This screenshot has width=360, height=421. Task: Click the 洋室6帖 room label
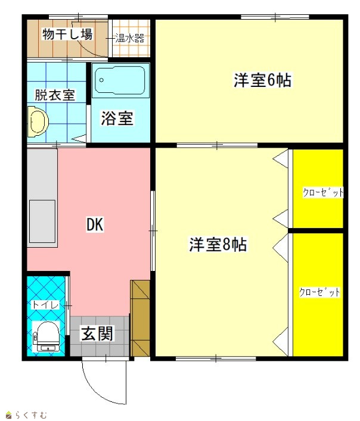pos(262,80)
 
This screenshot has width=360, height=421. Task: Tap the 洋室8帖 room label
pos(218,244)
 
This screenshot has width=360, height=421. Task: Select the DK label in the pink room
pos(95,224)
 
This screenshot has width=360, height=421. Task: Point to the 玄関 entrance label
pos(98,333)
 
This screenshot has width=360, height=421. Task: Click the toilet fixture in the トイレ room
pos(46,336)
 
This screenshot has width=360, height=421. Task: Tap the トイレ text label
pos(45,305)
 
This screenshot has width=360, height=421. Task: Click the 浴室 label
pos(117,118)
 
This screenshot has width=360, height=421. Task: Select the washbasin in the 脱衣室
pos(38,121)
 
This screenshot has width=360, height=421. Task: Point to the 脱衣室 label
pos(55,95)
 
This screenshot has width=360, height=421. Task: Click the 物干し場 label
pos(67,35)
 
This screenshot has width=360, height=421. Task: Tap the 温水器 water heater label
pos(130,38)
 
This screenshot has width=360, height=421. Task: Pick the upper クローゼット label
pos(323,192)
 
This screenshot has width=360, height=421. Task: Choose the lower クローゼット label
pos(319,292)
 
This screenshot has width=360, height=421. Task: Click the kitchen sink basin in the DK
pos(42,222)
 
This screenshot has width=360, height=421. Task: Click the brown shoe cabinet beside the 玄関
pos(140,319)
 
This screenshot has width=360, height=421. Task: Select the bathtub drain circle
pos(101,80)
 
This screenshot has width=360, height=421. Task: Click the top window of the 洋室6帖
pos(275,17)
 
